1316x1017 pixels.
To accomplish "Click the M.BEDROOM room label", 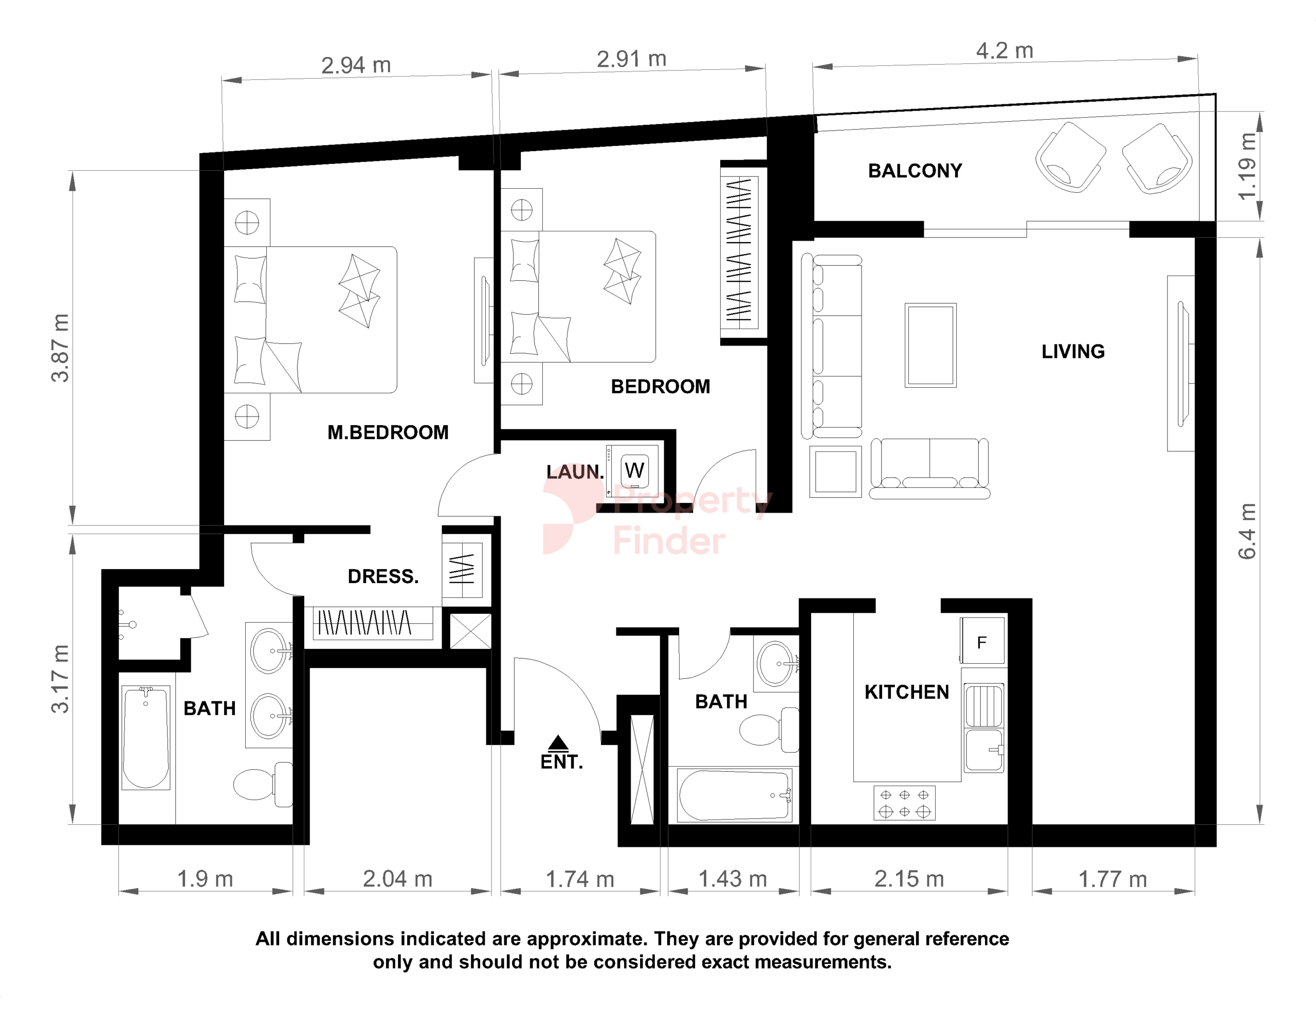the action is [x=388, y=432].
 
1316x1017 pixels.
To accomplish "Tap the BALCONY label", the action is [x=915, y=171].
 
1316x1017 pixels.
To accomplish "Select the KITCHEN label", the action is [x=907, y=692].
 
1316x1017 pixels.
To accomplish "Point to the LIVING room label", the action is [x=1073, y=352].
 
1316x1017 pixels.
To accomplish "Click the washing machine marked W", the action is [x=634, y=471].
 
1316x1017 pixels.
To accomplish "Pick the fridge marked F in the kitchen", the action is [x=982, y=641].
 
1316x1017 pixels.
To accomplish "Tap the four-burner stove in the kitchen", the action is [x=904, y=803].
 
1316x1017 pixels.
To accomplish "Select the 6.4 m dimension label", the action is [x=1247, y=531].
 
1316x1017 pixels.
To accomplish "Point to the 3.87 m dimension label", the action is [x=60, y=348].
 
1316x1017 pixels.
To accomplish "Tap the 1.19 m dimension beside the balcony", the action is [x=1247, y=166].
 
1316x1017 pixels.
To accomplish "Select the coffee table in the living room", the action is [x=930, y=345].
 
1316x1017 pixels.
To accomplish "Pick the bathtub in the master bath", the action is [x=146, y=738].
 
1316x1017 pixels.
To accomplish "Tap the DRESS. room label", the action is [x=383, y=576].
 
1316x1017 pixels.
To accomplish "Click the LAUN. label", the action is [x=575, y=472].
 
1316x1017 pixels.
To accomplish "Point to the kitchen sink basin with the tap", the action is [x=984, y=751].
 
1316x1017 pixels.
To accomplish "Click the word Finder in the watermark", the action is [x=669, y=541].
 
